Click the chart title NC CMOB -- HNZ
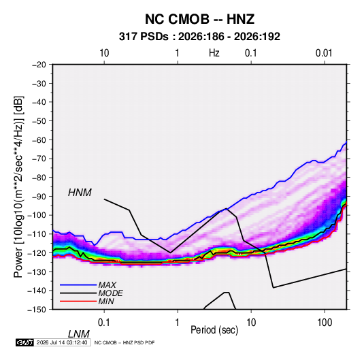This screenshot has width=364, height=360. click(199, 19)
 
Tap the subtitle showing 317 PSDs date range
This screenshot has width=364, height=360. click(199, 37)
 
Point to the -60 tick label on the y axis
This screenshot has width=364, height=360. click(39, 140)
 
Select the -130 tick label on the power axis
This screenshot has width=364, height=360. click(37, 272)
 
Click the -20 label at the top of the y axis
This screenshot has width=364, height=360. click(39, 65)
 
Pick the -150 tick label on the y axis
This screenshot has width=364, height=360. click(37, 310)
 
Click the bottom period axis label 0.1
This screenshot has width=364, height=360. click(103, 323)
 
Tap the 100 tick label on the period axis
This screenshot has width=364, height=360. click(325, 323)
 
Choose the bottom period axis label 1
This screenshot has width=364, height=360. click(178, 323)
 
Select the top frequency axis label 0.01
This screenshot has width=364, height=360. click(324, 53)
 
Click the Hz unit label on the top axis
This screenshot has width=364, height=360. click(214, 53)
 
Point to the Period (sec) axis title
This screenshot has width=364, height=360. click(214, 330)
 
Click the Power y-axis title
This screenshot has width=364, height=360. click(18, 186)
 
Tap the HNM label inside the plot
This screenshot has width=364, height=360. click(80, 193)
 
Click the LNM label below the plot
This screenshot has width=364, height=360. click(79, 334)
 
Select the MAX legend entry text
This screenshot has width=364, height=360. click(107, 285)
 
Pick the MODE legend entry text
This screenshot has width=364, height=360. click(110, 293)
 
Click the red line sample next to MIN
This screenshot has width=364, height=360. click(78, 301)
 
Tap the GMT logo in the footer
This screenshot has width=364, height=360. click(24, 342)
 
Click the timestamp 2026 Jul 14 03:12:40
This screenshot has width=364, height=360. click(62, 342)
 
